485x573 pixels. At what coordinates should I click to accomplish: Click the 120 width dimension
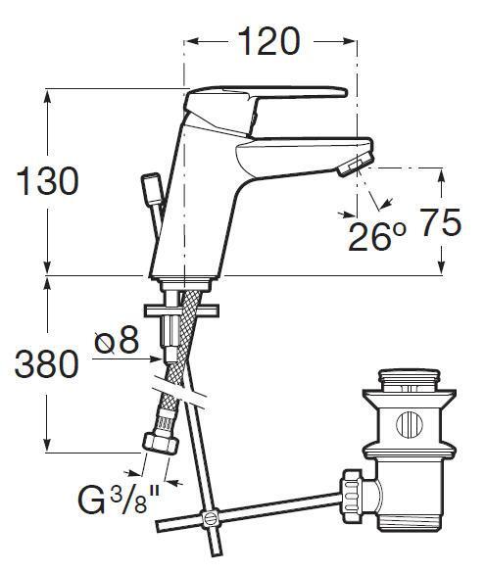tap(269, 41)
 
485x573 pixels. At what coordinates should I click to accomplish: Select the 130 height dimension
tap(47, 181)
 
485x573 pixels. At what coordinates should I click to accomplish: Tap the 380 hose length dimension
tap(47, 364)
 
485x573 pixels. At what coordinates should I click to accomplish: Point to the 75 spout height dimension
tap(440, 222)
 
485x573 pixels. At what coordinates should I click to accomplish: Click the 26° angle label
tap(376, 237)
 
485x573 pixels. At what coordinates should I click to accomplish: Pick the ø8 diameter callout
tap(117, 340)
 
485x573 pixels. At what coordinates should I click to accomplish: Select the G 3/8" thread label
tap(120, 500)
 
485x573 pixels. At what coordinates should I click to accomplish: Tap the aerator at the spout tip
tap(356, 165)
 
